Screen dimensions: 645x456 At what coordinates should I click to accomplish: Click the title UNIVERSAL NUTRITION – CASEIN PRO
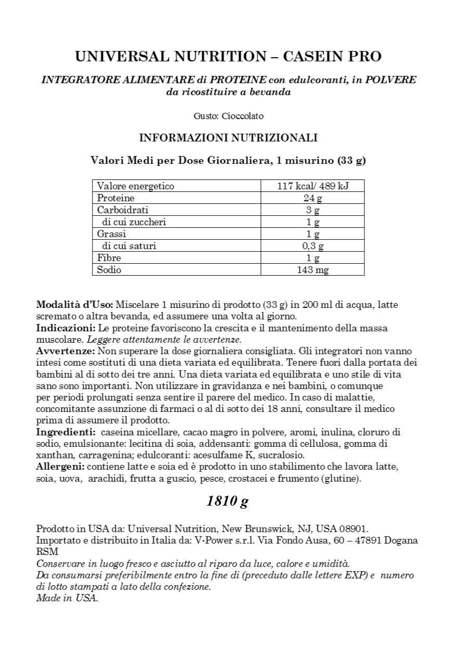[228, 56]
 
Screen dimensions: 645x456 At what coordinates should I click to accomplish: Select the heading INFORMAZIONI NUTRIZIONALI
[228, 138]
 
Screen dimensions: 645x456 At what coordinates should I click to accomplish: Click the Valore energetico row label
[136, 186]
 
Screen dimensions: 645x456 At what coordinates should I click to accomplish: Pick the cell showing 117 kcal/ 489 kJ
[312, 186]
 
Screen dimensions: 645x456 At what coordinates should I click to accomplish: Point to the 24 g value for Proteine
[312, 198]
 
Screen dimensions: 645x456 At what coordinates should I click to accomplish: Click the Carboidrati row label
[123, 210]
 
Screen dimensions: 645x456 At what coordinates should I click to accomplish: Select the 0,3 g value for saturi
[312, 246]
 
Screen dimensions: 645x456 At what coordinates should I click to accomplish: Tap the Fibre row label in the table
[109, 258]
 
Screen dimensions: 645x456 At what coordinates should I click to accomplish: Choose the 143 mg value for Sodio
[312, 270]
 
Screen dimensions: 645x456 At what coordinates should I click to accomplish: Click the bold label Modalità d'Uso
[74, 304]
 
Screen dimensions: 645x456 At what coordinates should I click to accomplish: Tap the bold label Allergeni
[60, 467]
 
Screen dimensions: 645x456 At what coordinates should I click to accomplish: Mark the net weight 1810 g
[227, 501]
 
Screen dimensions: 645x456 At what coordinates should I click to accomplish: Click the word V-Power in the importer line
[213, 540]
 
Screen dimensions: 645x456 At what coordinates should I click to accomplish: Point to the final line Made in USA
[67, 598]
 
